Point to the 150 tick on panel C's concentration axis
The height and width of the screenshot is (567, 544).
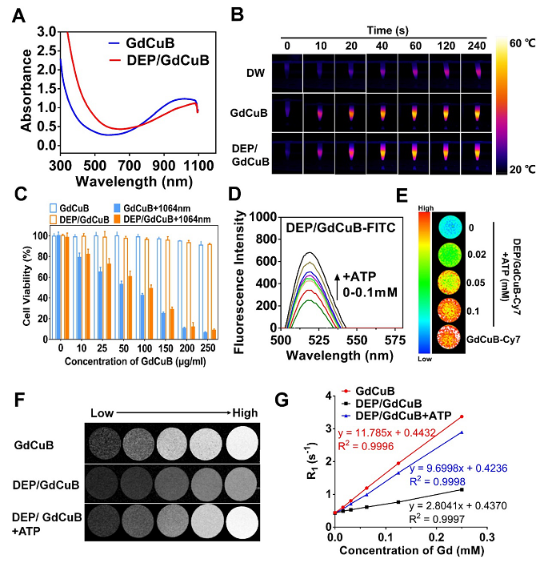click(x=166, y=350)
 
